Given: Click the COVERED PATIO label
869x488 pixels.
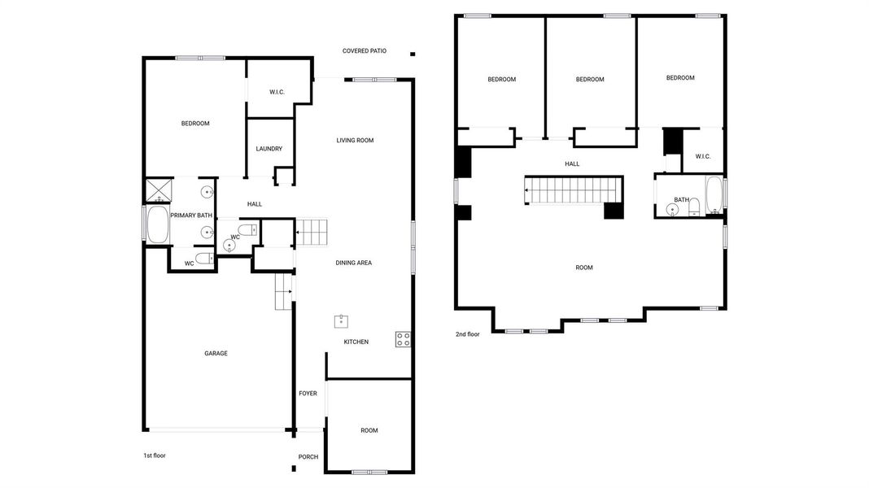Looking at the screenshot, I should point(364,50).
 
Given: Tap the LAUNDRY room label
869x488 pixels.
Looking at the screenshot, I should point(269,149).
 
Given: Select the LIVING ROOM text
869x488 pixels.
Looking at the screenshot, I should point(355,141).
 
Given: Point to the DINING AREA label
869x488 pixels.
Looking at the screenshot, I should point(353,263).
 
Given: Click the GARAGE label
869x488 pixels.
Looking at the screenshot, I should point(216,353).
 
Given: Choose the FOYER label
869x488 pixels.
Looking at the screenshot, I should point(308,394).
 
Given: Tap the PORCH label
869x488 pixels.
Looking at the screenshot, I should point(308,457).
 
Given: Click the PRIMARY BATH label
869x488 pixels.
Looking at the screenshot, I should point(191,216).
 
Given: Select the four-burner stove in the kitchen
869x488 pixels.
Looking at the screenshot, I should point(403,339).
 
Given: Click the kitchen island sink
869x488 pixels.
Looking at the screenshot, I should point(341,320).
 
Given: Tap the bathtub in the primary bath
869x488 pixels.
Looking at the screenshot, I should point(156,224).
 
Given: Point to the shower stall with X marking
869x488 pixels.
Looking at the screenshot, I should point(157,190).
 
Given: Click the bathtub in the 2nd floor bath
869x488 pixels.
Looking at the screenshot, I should point(714,196).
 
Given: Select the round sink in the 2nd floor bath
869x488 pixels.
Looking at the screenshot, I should point(673,210).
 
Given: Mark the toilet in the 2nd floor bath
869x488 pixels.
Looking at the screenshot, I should point(694,208).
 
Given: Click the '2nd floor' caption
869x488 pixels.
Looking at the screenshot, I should point(468,334).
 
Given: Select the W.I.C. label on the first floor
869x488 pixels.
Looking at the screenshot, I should point(277,92).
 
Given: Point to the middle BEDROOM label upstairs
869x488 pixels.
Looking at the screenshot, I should point(590,80).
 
